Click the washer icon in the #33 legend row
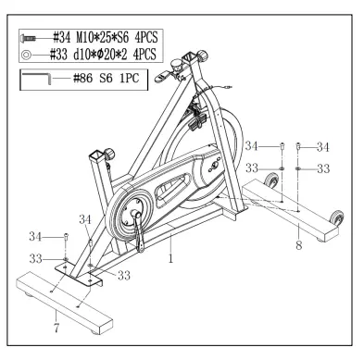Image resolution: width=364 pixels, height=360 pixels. (27, 54)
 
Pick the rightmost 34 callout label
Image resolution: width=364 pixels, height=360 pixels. (323, 146)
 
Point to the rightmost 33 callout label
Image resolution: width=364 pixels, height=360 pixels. (323, 168)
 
